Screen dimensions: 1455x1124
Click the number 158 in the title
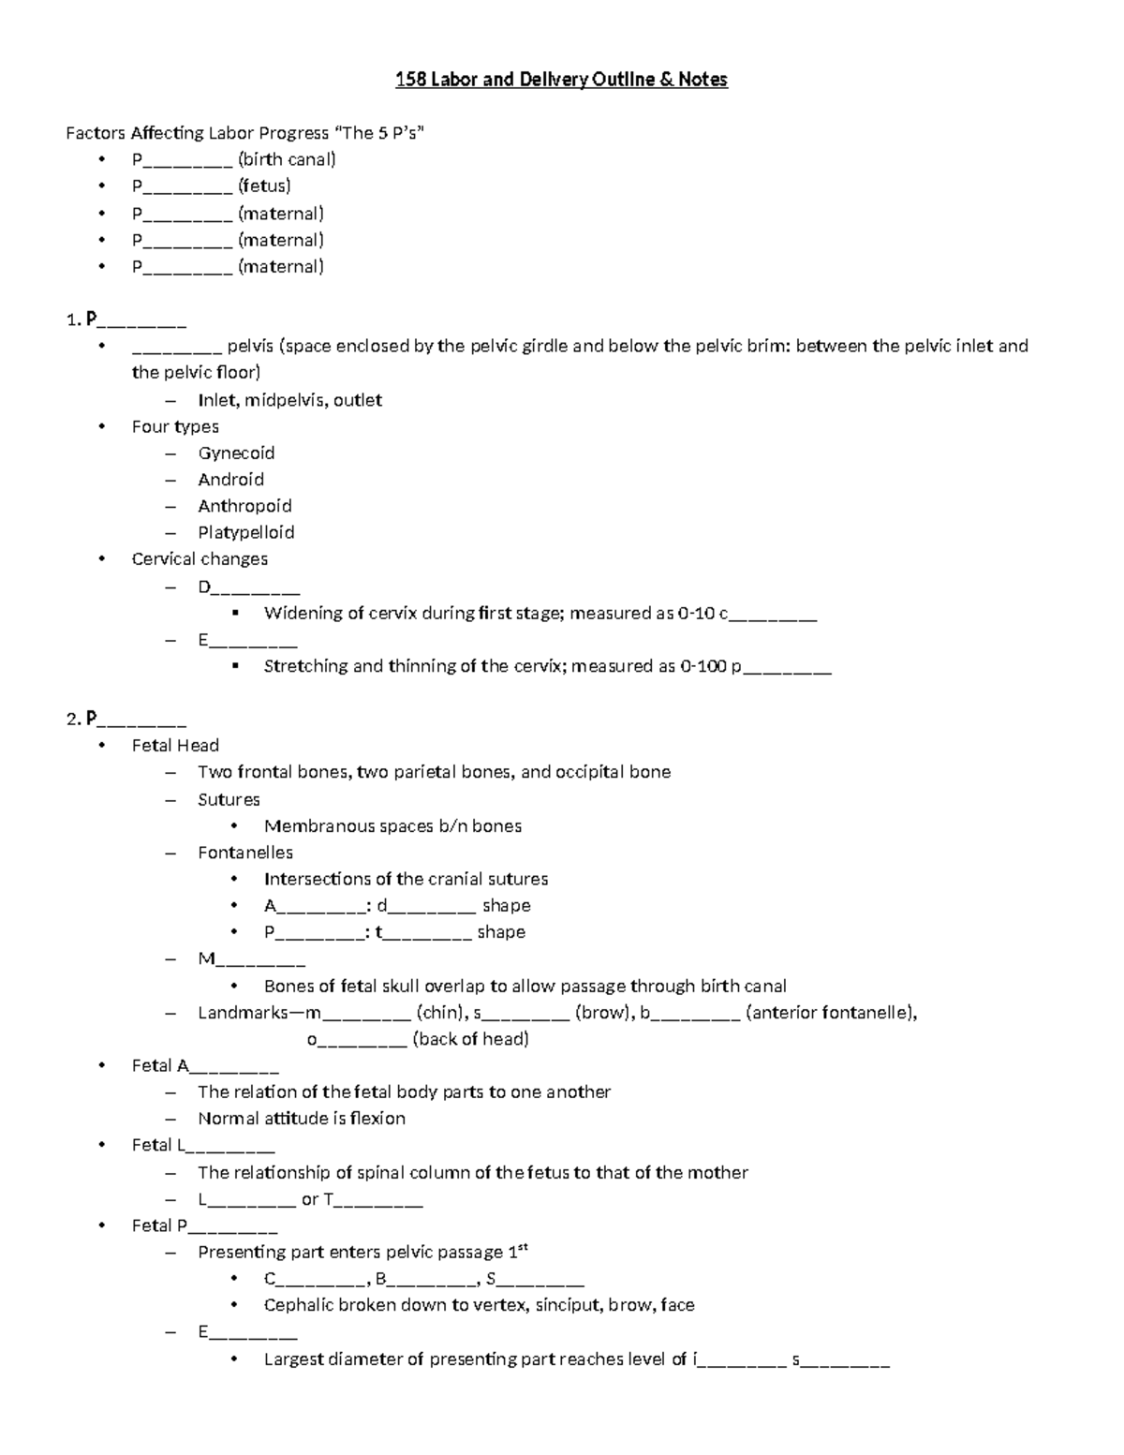click(x=410, y=80)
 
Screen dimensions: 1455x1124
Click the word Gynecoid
click(x=236, y=453)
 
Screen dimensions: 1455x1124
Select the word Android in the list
click(x=230, y=480)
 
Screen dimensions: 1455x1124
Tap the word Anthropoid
click(x=244, y=506)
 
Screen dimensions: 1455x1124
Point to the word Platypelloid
click(x=245, y=533)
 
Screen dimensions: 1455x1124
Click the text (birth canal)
click(x=287, y=159)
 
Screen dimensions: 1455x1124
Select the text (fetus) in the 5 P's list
click(x=264, y=186)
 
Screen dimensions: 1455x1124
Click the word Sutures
click(x=229, y=800)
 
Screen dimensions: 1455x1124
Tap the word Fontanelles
click(x=245, y=853)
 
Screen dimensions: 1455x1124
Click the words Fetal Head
click(x=175, y=746)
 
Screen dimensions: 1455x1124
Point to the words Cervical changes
click(x=200, y=559)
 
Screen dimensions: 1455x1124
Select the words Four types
click(x=175, y=427)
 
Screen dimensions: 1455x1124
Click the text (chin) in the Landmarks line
click(x=440, y=1013)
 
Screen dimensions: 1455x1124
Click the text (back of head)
click(x=470, y=1039)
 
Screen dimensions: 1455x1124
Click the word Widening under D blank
click(x=299, y=614)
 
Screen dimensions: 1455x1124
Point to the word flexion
click(x=377, y=1119)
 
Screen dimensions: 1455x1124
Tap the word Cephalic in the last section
click(x=298, y=1305)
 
